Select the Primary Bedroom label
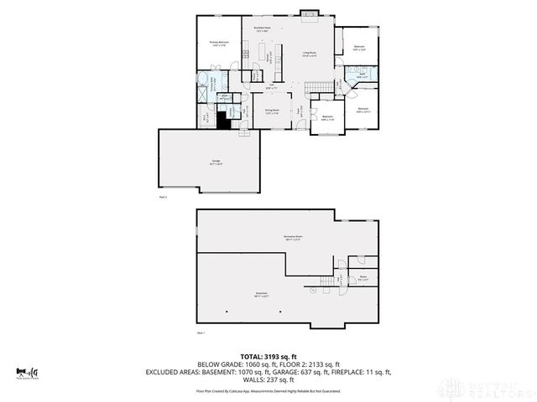tap(220, 44)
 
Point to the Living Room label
tap(309, 54)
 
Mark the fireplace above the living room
tap(309, 14)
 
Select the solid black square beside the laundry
tap(223, 120)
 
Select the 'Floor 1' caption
tap(201, 332)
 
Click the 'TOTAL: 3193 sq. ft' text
tap(268, 356)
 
